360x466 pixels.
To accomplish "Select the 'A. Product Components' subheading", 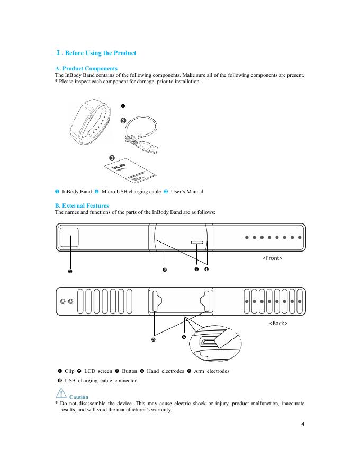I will (x=86, y=69).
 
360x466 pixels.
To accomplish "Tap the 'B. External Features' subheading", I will (x=82, y=205).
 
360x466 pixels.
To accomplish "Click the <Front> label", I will (x=273, y=258).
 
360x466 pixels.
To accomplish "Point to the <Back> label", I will (x=278, y=323).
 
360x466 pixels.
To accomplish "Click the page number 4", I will (x=302, y=424).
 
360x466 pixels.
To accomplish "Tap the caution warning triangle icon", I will (x=60, y=394).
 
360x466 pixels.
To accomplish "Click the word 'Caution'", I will (x=79, y=397).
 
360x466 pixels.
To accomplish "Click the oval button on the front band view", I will (x=197, y=243).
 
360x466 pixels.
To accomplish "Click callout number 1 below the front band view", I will (x=69, y=272).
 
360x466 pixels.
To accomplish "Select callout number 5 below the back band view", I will (x=154, y=339).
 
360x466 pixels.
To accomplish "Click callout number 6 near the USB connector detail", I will (x=184, y=337).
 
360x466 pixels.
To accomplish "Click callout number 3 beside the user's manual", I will (x=112, y=158).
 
